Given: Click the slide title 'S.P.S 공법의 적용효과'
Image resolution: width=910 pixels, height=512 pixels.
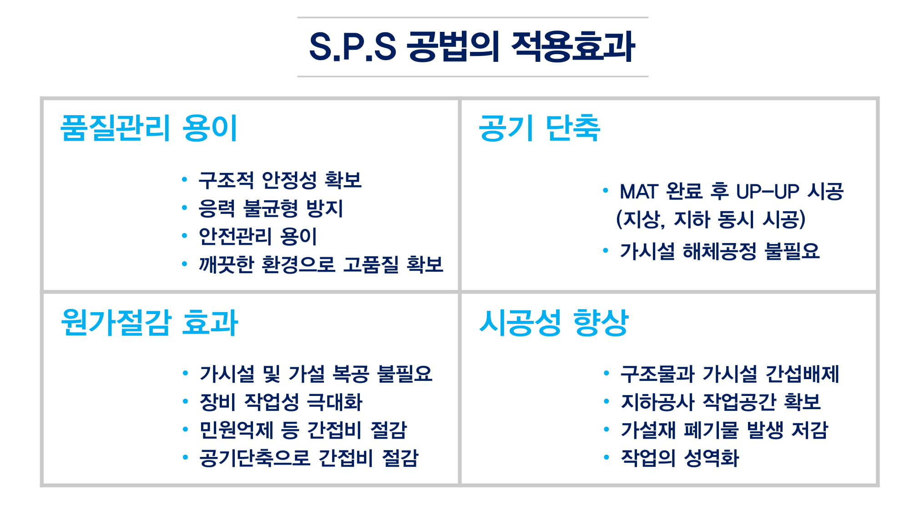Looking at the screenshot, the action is tap(472, 46).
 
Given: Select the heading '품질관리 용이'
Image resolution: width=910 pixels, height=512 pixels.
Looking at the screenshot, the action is tap(149, 128).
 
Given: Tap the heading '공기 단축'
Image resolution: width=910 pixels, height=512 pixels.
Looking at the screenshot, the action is tap(540, 128).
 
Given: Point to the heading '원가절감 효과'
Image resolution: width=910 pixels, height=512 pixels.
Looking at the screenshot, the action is tap(149, 322).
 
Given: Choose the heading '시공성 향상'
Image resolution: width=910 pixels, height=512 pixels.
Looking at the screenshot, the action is tap(554, 322).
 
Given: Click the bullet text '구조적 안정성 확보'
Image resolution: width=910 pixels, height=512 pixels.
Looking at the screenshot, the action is tap(280, 180).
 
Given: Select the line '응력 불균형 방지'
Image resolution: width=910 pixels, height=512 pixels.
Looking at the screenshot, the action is tap(271, 208).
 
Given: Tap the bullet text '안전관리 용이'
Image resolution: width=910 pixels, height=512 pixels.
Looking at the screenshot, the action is tap(258, 236).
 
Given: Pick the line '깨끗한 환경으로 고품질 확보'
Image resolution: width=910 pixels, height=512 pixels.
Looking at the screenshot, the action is tap(321, 264).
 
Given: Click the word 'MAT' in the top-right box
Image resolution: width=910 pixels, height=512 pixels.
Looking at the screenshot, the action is tap(639, 192).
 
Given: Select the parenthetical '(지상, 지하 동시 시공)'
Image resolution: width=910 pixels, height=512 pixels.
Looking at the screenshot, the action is tap(711, 219).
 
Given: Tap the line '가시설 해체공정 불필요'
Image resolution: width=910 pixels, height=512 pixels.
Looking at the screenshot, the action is tap(720, 251).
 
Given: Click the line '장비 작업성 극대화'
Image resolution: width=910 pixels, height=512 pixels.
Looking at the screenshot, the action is tap(281, 402).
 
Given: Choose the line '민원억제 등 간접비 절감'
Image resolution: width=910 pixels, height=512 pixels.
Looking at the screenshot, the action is tap(303, 430).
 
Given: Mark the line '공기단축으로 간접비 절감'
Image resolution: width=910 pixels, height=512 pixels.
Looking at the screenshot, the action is tap(309, 458).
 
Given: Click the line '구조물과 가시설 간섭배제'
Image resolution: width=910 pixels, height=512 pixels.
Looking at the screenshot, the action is tap(730, 374).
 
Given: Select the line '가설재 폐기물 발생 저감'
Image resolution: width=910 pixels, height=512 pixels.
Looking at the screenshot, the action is tap(724, 430).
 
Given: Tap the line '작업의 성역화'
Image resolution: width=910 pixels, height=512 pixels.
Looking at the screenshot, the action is tap(680, 458).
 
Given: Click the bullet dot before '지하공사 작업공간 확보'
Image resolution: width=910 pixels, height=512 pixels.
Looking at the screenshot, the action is tap(606, 401).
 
